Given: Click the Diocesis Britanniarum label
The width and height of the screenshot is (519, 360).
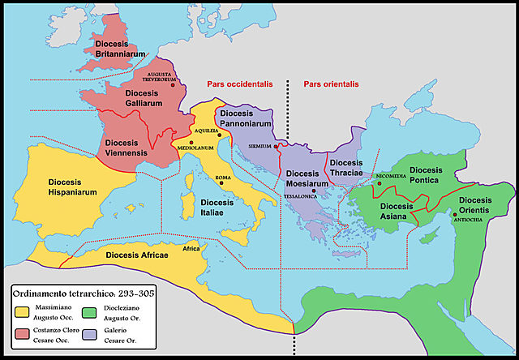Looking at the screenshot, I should tap(119, 47).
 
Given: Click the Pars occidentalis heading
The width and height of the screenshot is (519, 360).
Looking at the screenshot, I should tap(235, 84).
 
